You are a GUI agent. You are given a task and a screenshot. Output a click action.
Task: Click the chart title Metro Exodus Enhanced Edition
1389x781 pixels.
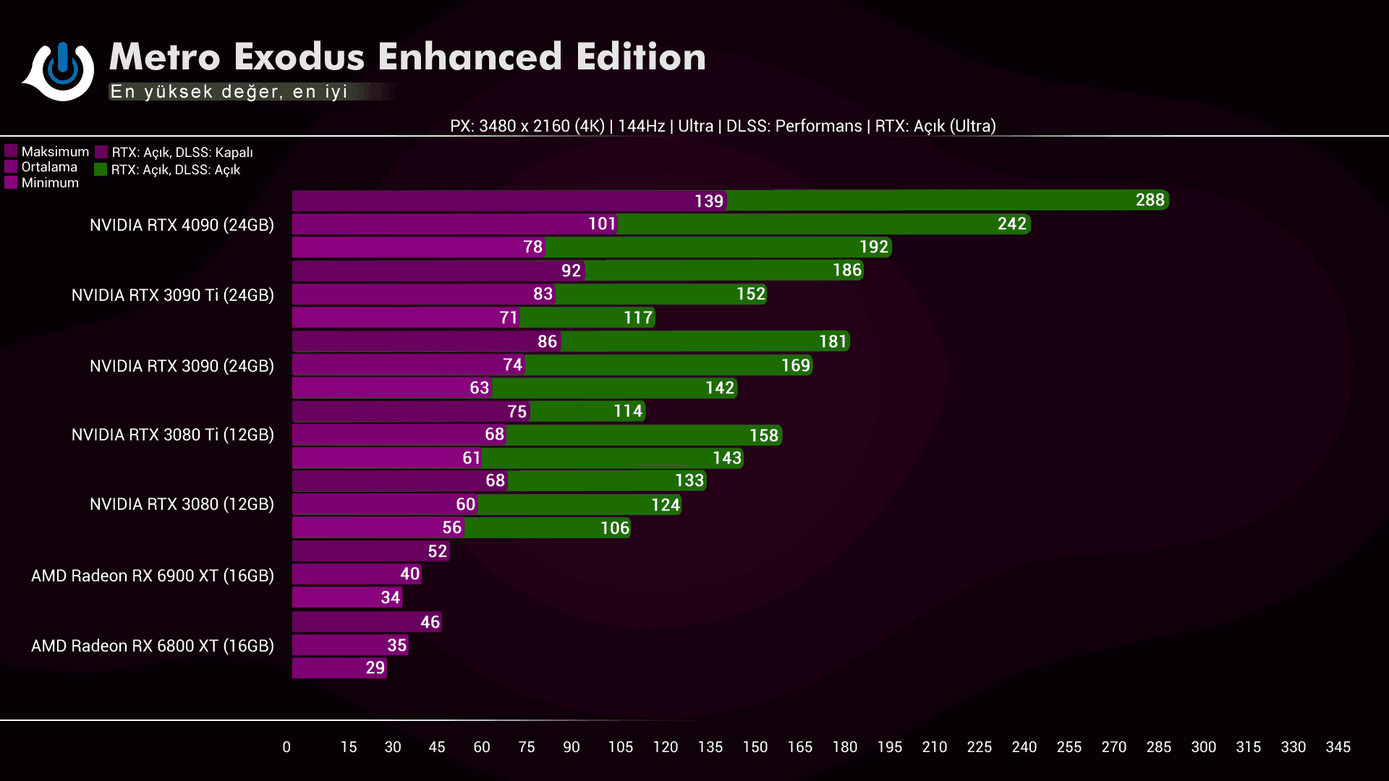407,56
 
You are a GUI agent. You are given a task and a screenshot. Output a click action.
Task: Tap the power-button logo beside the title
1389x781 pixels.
62,69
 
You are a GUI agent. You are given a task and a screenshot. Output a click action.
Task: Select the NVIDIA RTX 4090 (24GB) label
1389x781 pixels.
182,225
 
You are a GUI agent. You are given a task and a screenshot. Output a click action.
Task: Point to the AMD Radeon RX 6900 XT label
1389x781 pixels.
153,576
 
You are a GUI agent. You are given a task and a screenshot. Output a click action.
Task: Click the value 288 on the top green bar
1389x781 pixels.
1150,200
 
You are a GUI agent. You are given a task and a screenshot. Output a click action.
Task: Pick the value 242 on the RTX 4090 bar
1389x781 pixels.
1011,223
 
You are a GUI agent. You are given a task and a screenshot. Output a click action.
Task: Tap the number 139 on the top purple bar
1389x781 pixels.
708,201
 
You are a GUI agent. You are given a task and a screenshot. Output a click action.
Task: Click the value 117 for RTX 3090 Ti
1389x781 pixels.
638,317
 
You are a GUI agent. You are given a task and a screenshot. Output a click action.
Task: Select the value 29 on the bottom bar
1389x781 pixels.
375,667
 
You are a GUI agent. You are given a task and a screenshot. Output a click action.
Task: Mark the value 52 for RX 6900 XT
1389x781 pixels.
437,551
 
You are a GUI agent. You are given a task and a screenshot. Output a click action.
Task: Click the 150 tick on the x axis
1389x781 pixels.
755,747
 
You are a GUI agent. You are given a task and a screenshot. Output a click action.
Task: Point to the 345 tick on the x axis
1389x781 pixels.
1338,747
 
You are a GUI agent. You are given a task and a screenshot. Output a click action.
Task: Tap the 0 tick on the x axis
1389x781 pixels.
286,747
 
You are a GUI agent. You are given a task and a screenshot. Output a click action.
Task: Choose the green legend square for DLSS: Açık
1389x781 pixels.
101,169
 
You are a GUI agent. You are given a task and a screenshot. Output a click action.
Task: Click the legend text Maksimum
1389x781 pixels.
55,151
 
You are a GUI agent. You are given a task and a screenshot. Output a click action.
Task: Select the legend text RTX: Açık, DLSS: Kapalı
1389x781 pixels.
182,153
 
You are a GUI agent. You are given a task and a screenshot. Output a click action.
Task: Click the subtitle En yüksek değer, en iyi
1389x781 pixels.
229,92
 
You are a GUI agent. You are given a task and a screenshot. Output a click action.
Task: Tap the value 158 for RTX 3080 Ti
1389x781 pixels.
763,435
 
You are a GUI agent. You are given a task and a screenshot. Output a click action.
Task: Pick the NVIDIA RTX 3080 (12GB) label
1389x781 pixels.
182,504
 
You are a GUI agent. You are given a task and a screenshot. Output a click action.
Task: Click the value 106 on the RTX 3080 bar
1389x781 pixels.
614,528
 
